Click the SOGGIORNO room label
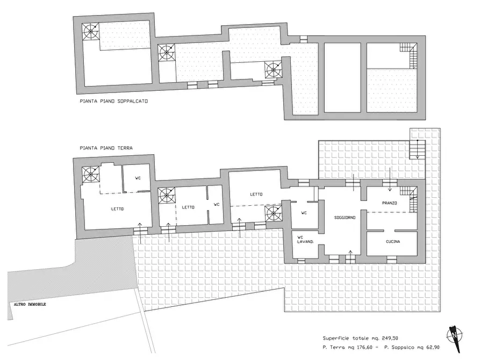click(x=345, y=218)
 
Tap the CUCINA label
click(x=393, y=242)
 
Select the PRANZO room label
click(x=389, y=203)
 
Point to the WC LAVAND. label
click(x=305, y=240)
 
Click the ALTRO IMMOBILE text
click(x=30, y=304)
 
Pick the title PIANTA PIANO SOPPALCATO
click(x=113, y=101)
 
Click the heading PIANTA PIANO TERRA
click(x=106, y=148)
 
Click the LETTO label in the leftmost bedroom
click(x=117, y=209)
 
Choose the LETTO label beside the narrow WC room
click(x=188, y=207)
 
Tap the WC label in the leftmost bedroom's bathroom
click(x=138, y=178)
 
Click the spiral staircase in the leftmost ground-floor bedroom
click(x=90, y=175)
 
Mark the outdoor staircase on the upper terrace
click(x=417, y=150)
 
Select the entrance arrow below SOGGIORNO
click(x=350, y=256)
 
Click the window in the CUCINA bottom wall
click(x=391, y=260)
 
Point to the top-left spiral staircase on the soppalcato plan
click(x=90, y=31)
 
